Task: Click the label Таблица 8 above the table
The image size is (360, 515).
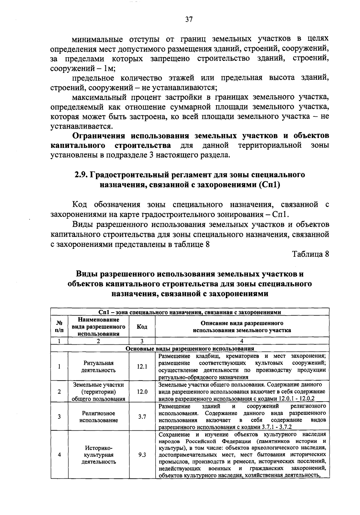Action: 311,254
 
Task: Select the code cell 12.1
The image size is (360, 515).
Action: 142,367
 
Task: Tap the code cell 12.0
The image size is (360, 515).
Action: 142,392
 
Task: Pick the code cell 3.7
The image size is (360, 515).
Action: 142,417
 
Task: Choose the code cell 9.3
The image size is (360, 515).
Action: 142,455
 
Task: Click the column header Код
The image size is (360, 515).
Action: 142,327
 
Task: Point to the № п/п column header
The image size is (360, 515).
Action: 59,327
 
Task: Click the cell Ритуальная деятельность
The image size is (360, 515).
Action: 98,367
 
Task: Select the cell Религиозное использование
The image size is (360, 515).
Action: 98,417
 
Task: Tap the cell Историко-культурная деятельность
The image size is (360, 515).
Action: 98,455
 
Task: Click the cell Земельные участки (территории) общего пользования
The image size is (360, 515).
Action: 98,392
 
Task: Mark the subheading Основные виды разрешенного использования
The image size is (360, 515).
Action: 190,349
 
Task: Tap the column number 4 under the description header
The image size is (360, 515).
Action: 242,341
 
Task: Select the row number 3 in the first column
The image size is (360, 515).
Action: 59,417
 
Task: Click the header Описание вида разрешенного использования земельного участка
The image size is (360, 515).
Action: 242,327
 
